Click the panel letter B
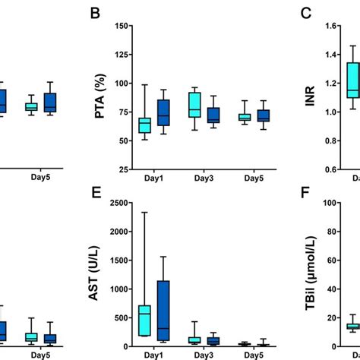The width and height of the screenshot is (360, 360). tap(96, 14)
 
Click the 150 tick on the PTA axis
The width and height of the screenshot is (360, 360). tap(120, 26)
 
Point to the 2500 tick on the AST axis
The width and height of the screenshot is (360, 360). tap(117, 203)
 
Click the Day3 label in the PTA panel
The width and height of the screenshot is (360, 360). tap(200, 178)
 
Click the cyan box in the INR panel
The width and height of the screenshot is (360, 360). tap(352, 80)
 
